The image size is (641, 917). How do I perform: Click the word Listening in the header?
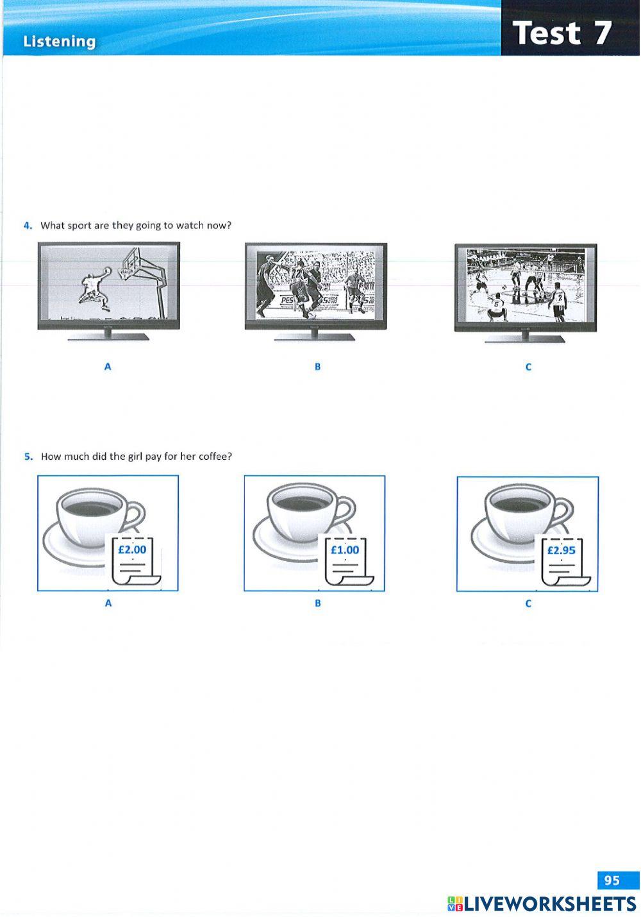(59, 42)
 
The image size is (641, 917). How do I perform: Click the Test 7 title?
(562, 33)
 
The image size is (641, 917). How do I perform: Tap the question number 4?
(28, 225)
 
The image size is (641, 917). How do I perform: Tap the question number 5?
(28, 457)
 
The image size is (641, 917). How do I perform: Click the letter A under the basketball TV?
(108, 367)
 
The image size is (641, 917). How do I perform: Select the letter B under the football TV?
(317, 367)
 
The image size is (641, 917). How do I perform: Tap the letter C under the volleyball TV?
(528, 367)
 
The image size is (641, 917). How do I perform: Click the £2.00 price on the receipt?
(132, 550)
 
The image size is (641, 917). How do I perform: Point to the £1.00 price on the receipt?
(345, 550)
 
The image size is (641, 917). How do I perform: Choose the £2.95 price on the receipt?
(561, 550)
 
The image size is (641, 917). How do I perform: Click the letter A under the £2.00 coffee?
(108, 603)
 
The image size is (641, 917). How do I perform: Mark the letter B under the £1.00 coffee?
(317, 603)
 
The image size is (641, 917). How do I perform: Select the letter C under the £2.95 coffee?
(528, 603)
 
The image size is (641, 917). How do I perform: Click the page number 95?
(612, 880)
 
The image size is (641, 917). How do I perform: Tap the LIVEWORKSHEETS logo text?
(550, 904)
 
